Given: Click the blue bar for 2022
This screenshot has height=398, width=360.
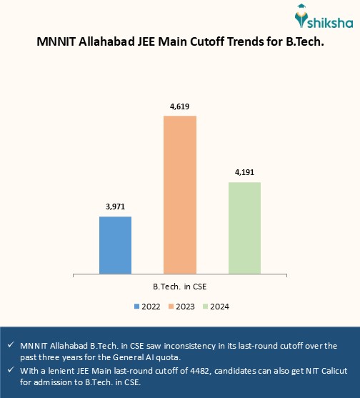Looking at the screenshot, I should click(115, 244).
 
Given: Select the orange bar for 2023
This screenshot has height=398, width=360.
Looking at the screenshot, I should click(180, 194).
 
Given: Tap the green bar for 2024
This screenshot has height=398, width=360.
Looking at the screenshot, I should click(244, 227).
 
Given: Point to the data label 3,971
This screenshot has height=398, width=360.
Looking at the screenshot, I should click(115, 207).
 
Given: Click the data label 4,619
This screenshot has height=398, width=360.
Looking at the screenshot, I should click(179, 106).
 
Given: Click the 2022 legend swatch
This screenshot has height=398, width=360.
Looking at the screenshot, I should click(137, 307).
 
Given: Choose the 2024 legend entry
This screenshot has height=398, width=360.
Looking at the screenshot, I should click(218, 307).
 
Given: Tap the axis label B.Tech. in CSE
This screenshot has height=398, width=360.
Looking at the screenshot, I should click(180, 286).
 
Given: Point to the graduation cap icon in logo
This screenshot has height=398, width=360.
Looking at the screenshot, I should click(304, 12).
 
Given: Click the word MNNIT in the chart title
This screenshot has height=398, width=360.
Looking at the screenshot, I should click(57, 42).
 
